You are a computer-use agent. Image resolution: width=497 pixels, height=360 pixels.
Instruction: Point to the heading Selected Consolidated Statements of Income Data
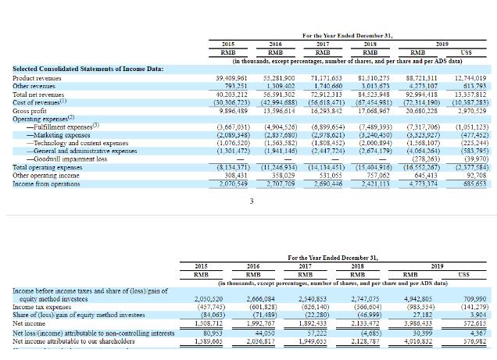point(88,69)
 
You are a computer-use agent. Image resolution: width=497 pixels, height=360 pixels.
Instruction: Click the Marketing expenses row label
point(62,134)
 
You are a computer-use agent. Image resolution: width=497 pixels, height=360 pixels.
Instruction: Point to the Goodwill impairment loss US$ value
point(472,159)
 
